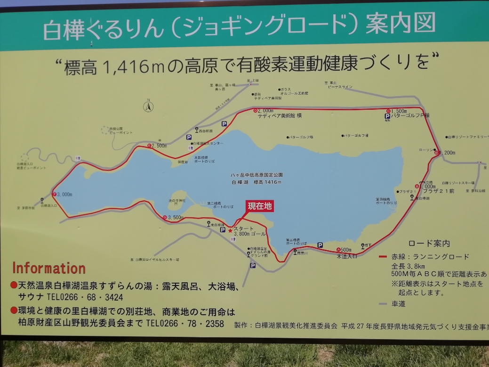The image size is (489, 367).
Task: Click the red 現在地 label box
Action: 260,206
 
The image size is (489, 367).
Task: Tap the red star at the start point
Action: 230,230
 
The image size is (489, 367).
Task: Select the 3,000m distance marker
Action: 64,194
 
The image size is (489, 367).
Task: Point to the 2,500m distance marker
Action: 157,146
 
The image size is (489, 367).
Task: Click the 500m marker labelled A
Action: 344,249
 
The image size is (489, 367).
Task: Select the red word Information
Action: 49,269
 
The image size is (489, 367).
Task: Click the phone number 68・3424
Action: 101,297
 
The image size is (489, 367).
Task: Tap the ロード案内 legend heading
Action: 429,244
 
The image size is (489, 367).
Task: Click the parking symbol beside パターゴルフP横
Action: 387,116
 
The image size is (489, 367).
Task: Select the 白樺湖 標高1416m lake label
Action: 257,182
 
